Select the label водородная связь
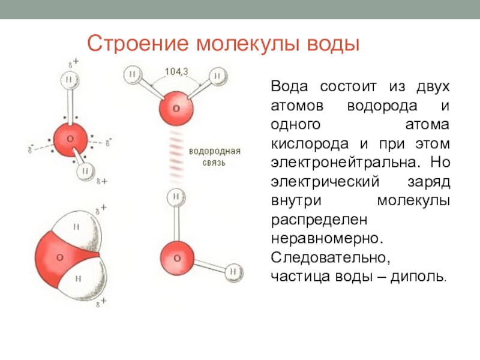coord(214,156)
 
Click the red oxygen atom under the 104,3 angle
coord(175,109)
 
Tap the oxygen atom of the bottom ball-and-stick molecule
coord(176,257)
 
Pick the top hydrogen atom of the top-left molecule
coord(70,79)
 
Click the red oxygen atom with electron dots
coord(70,139)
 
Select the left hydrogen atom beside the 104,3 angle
coord(133,74)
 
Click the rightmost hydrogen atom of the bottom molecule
coord(233,272)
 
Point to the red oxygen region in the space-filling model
coord(58,257)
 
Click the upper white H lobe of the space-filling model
coord(77,226)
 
